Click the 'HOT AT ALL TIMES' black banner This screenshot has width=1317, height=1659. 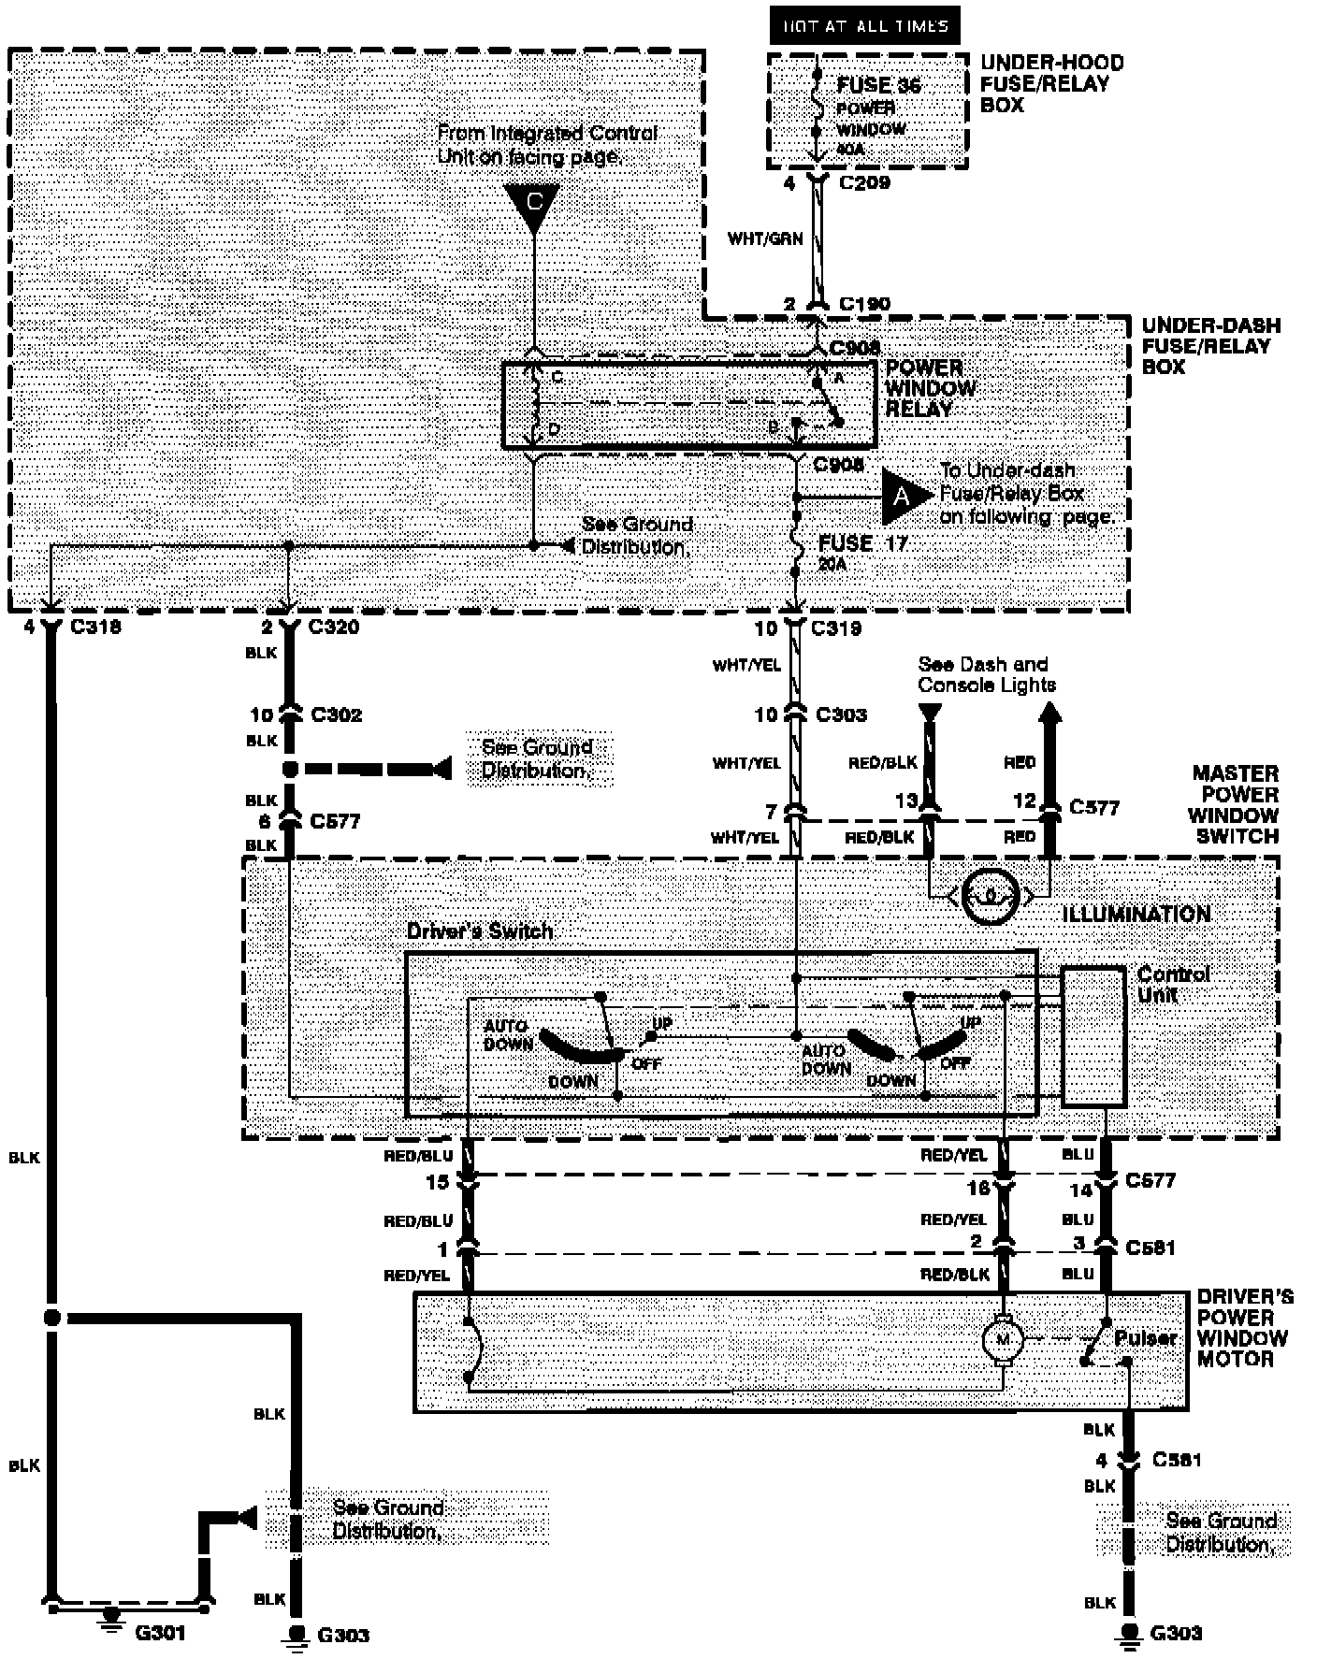865,26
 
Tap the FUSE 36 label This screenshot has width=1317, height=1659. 878,85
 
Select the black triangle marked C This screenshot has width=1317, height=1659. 532,205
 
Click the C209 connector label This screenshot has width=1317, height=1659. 864,183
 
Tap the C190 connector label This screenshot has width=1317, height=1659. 864,304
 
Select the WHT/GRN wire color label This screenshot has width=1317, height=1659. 764,238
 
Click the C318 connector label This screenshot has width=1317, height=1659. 95,628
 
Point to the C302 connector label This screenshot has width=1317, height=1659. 336,715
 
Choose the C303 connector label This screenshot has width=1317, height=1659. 841,715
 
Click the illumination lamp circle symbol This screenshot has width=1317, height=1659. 991,898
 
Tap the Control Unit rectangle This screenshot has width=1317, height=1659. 1093,1035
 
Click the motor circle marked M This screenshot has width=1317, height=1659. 1004,1340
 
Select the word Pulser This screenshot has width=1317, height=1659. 1145,1338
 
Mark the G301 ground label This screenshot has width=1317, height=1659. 161,1633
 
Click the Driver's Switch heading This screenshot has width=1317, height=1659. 480,932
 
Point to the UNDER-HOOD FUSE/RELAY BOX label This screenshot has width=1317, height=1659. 1051,84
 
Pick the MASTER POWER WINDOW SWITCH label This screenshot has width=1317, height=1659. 1235,804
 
